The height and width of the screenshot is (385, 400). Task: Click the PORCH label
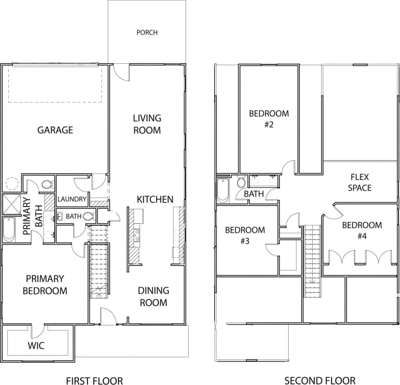point(147,32)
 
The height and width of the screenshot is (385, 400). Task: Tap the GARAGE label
point(55,130)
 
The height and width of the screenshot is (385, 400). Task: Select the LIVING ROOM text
point(147,124)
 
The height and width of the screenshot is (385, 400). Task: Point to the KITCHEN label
point(155,199)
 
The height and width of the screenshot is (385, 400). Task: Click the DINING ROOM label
point(153,297)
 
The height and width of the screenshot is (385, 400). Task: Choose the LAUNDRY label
point(72,199)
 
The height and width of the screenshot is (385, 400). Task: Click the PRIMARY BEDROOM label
point(45,285)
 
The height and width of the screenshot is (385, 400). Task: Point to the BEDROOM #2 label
point(269,119)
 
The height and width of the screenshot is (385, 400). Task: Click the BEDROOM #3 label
point(245,235)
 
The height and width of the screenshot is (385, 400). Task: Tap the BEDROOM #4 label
point(362,230)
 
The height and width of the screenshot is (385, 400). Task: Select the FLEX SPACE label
point(360,183)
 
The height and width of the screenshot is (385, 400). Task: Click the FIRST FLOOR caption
point(95,380)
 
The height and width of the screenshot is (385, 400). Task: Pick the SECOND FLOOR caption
point(320,380)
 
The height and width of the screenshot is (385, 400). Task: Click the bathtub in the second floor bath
point(223,191)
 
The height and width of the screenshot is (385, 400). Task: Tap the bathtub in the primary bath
point(9,229)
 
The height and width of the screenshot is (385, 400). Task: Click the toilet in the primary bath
point(47,185)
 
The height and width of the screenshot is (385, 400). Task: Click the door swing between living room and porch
point(121,72)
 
